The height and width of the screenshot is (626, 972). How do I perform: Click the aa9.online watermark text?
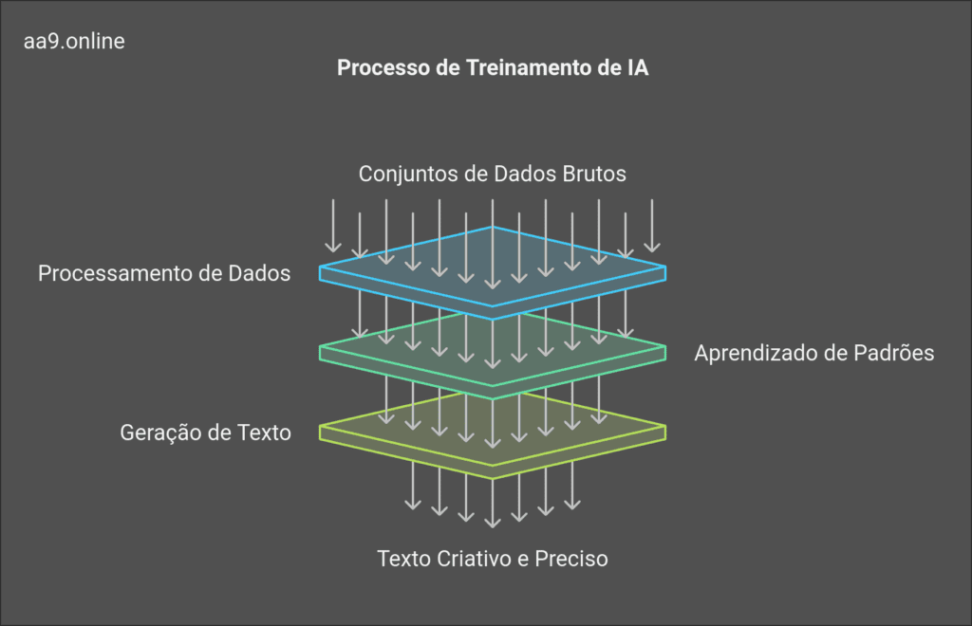(74, 42)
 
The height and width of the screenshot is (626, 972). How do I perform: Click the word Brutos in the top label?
(596, 175)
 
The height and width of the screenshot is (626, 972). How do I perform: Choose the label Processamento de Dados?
(164, 273)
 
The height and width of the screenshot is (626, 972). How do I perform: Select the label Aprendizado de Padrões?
(814, 353)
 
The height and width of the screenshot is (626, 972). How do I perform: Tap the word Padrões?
(896, 353)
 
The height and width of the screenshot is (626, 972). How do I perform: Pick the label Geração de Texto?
(205, 433)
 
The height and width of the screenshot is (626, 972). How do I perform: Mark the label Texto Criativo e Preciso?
(492, 559)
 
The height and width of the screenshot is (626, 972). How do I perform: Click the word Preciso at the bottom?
(571, 559)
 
